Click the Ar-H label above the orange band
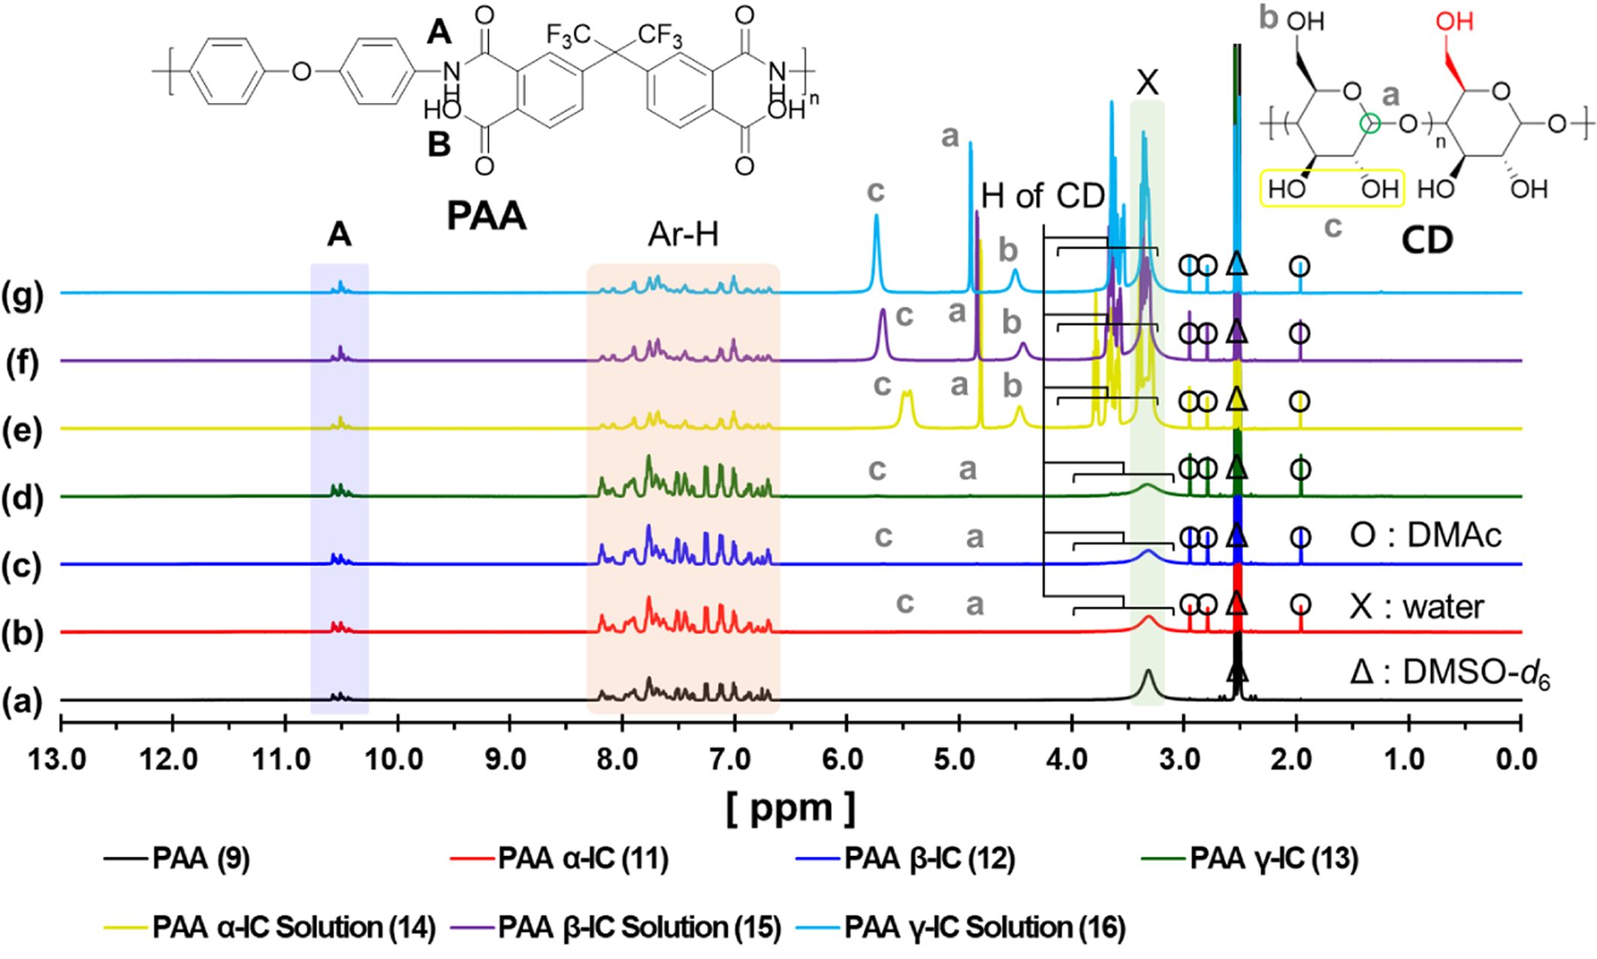683,235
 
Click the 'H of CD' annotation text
1043,196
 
